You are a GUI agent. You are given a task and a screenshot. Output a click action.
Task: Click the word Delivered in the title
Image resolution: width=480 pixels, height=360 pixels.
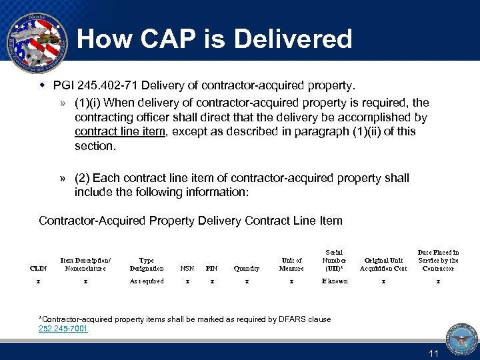tap(287, 39)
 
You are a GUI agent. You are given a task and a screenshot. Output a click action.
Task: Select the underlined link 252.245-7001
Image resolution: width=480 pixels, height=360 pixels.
tap(64, 328)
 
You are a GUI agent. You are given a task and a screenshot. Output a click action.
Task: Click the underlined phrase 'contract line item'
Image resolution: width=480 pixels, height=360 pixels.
tap(120, 131)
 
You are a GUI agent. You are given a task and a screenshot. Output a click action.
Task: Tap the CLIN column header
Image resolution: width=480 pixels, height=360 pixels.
tap(39, 269)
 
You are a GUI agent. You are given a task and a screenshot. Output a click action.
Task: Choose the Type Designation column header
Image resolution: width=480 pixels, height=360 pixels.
tap(147, 265)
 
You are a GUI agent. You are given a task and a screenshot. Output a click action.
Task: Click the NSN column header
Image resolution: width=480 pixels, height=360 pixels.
tap(187, 269)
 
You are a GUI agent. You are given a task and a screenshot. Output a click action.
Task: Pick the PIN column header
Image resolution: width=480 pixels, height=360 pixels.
tap(212, 269)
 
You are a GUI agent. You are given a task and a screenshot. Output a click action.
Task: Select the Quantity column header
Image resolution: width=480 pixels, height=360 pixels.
tap(247, 269)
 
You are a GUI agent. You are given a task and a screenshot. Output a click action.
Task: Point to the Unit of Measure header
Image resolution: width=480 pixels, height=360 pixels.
tap(291, 265)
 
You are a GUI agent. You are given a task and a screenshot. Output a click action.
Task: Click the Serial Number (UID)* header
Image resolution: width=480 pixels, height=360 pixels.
tap(334, 261)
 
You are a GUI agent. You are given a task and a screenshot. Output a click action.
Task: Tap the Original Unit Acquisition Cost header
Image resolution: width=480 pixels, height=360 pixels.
tap(383, 265)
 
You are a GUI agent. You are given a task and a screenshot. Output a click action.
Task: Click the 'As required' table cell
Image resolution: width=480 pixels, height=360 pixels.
tap(147, 281)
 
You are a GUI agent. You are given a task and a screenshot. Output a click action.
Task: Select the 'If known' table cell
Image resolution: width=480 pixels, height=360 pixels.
tap(334, 281)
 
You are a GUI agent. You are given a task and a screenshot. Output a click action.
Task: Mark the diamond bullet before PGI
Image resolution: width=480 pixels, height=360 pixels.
tap(41, 85)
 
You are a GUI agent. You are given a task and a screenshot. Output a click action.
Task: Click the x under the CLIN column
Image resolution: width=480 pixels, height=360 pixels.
tap(38, 281)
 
